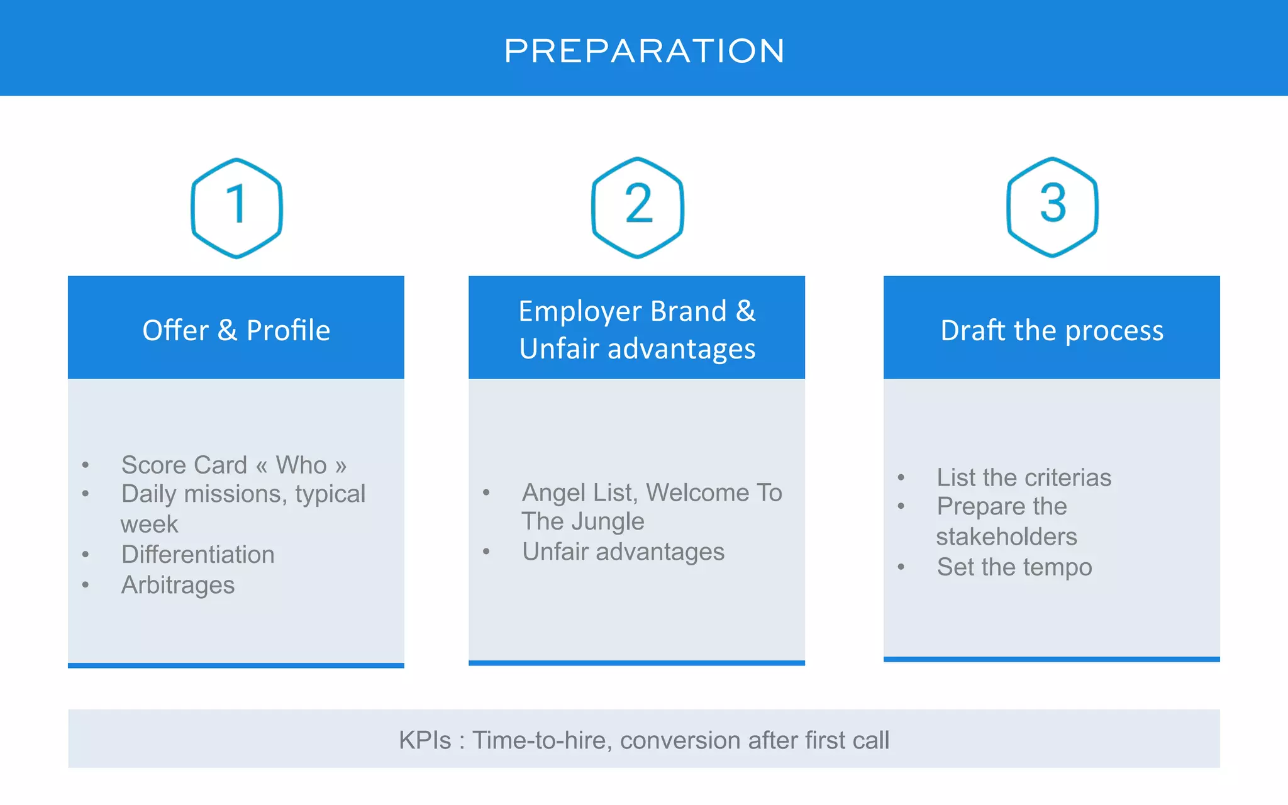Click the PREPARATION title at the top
[644, 51]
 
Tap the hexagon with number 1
[236, 208]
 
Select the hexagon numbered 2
[637, 207]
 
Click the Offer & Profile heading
[236, 330]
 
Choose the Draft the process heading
[1052, 330]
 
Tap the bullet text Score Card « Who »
[233, 465]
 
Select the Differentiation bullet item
[197, 555]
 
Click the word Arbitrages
[178, 585]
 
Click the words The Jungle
[582, 521]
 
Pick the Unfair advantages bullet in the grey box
[623, 552]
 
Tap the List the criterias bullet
[1023, 477]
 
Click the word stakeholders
[1006, 536]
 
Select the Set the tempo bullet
[1014, 567]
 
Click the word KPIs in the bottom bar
[425, 740]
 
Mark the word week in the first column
[149, 525]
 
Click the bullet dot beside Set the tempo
[901, 567]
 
